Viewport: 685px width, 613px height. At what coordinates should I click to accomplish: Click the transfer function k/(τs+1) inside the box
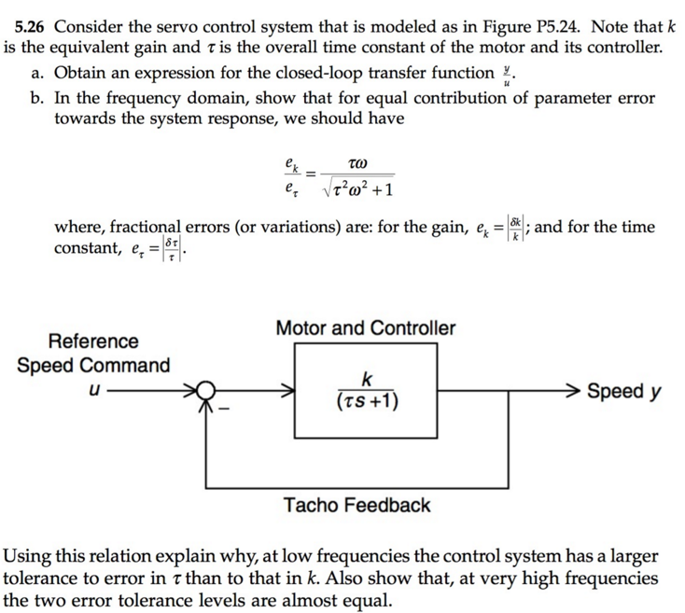[367, 391]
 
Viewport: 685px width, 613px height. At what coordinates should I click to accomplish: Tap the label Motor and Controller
[366, 328]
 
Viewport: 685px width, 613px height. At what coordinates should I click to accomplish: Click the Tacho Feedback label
[357, 506]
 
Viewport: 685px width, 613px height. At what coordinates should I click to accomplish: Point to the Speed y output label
[624, 391]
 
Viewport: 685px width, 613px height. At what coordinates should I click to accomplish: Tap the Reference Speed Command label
[93, 354]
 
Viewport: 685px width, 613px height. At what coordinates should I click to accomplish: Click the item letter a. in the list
[38, 72]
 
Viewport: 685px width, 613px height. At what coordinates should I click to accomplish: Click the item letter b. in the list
[38, 97]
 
